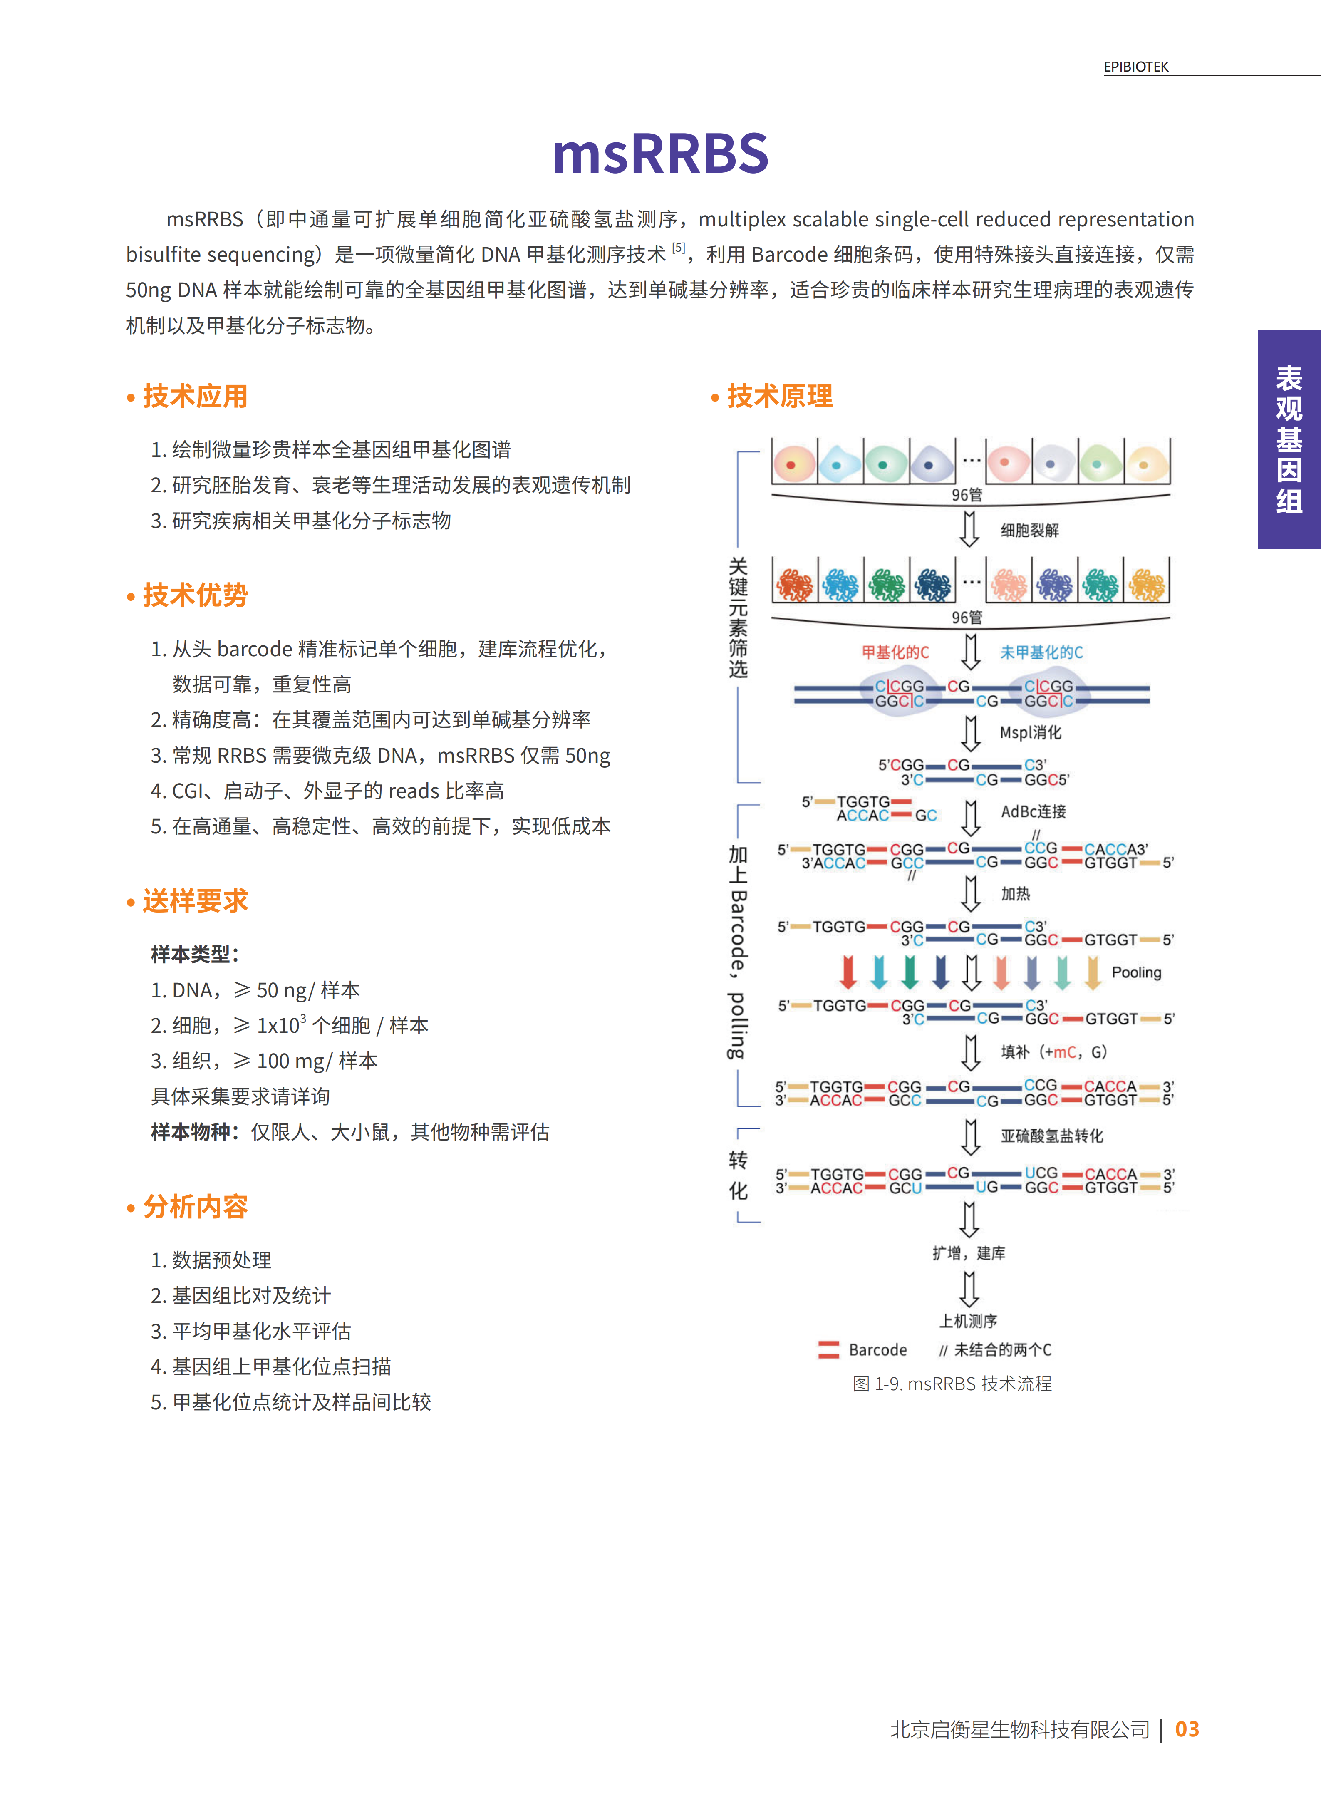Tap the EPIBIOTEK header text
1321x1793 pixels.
pyautogui.click(x=1135, y=67)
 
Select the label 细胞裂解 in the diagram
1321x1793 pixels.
pyautogui.click(x=1029, y=530)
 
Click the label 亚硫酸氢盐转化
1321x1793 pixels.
pyautogui.click(x=1051, y=1136)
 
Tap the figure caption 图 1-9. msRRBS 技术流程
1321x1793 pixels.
pyautogui.click(x=952, y=1384)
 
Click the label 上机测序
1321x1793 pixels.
pyautogui.click(x=968, y=1320)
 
